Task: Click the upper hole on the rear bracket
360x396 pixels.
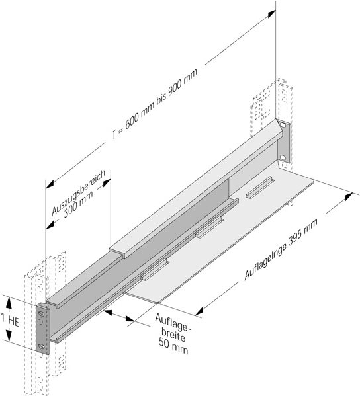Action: click(283, 127)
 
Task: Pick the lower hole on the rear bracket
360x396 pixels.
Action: click(283, 156)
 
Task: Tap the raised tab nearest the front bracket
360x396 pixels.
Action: click(154, 267)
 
